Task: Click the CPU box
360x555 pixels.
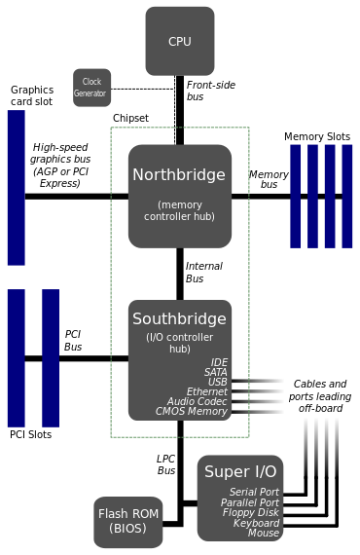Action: tap(180, 41)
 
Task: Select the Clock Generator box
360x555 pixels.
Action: tap(92, 88)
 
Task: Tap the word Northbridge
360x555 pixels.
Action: tap(179, 175)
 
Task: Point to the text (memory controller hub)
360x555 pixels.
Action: tap(179, 210)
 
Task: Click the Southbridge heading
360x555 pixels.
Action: tap(179, 318)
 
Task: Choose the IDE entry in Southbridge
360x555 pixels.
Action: tap(219, 362)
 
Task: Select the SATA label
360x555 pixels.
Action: tap(215, 372)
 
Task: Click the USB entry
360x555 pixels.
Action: tap(217, 382)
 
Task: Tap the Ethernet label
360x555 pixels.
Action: tap(206, 391)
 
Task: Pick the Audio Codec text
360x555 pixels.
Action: tap(197, 401)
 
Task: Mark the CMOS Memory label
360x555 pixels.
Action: tap(192, 412)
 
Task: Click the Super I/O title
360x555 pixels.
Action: tap(240, 472)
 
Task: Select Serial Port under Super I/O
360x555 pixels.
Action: tap(254, 493)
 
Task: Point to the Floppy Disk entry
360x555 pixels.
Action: tap(250, 513)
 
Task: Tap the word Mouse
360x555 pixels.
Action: tap(264, 534)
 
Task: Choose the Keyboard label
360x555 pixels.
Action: tap(256, 523)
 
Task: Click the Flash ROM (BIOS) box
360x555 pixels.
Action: tap(128, 521)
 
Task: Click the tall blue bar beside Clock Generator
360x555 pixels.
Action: tap(16, 188)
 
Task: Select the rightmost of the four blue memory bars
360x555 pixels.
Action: tap(347, 196)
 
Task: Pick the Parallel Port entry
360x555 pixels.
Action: tap(250, 502)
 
